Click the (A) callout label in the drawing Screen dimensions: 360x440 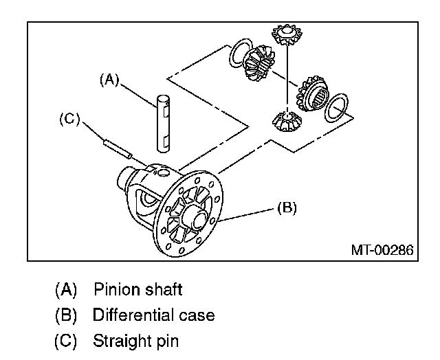108,80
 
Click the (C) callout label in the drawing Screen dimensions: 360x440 69,119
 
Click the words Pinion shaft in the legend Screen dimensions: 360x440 138,289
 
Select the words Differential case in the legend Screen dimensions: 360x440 153,315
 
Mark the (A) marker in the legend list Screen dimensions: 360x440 67,289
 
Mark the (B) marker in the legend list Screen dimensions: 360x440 67,315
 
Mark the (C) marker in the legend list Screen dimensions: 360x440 67,341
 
